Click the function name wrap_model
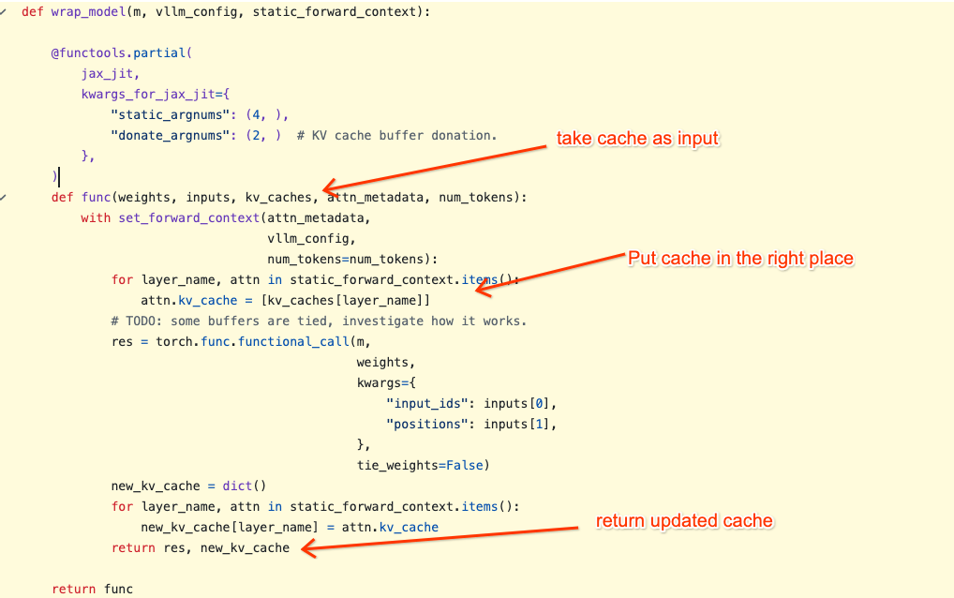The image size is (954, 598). click(88, 11)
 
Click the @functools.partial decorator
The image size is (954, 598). click(122, 52)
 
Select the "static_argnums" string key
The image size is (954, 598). click(170, 114)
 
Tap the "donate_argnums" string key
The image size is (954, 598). click(170, 135)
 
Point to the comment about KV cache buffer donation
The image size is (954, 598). click(396, 135)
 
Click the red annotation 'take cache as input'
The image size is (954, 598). click(637, 138)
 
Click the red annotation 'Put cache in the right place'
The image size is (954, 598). click(740, 258)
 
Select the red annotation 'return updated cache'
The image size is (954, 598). click(684, 521)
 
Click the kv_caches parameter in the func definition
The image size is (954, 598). click(278, 197)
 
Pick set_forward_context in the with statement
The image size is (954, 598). click(189, 217)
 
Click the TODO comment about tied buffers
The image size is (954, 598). click(319, 321)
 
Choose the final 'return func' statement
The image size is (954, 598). click(93, 589)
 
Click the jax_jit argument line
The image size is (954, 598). click(111, 74)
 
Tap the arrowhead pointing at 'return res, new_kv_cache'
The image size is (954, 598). click(307, 548)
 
